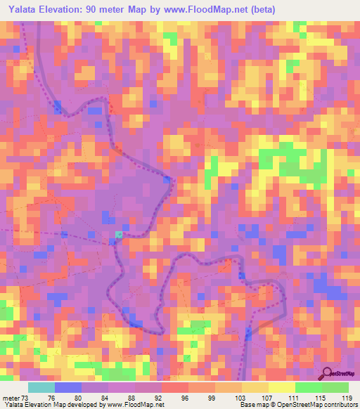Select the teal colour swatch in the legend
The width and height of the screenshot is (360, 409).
tap(41, 387)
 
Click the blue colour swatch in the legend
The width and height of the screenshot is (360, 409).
tap(68, 387)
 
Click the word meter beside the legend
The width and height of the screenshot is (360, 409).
tap(11, 397)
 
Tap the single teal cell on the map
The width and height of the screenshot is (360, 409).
tap(119, 235)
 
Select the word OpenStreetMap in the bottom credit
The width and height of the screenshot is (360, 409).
tap(309, 405)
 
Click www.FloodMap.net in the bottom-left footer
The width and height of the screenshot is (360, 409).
tap(136, 405)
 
